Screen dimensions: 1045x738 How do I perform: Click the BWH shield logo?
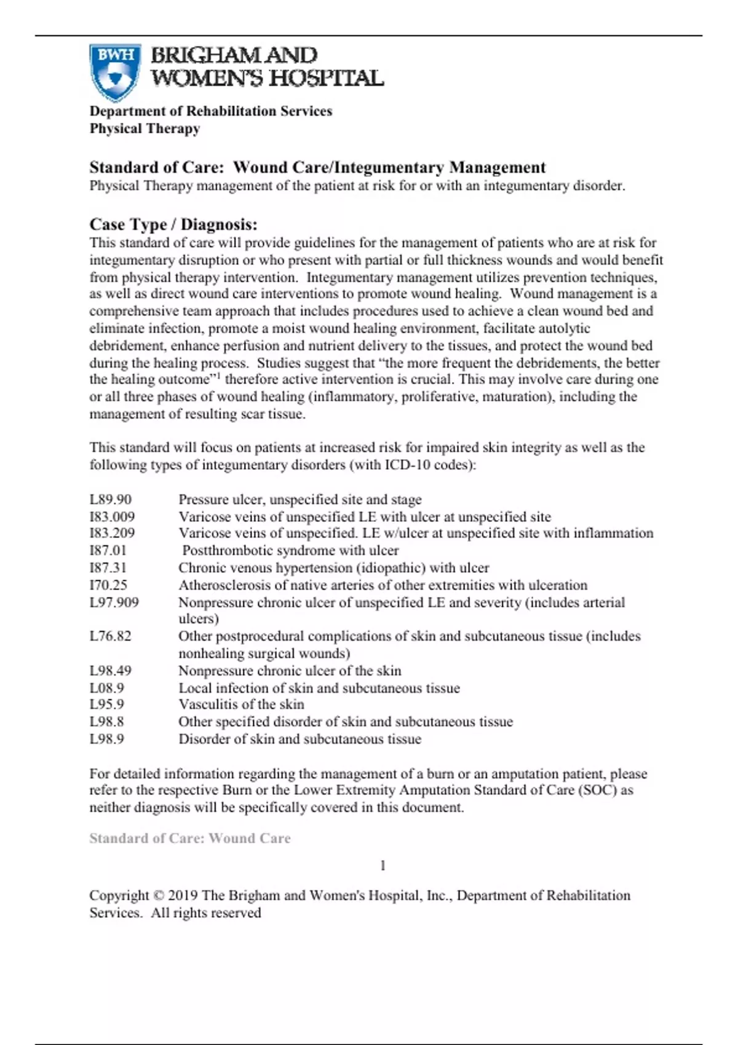(x=115, y=72)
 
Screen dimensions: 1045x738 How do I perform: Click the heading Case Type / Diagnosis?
(x=173, y=224)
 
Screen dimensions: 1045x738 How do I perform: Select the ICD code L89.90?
(x=111, y=500)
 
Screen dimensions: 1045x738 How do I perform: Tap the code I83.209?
(x=112, y=534)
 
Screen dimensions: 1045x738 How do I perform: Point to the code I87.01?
(x=108, y=551)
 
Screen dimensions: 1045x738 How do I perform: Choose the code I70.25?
(x=108, y=585)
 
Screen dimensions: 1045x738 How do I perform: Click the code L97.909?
(x=114, y=602)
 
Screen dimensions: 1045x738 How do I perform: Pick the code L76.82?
(x=111, y=636)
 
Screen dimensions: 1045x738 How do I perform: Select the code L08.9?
(x=106, y=688)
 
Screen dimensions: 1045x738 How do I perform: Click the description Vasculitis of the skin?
(x=241, y=704)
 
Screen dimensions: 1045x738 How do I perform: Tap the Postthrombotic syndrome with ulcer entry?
(x=290, y=551)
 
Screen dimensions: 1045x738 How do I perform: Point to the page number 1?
(x=383, y=866)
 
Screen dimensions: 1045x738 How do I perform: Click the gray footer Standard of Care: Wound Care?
(x=189, y=838)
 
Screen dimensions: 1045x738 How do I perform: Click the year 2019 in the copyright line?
(x=183, y=896)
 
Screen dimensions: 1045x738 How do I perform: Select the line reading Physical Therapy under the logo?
(x=145, y=129)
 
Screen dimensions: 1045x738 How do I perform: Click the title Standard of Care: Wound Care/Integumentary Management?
(x=317, y=168)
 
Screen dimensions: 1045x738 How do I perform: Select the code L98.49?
(x=111, y=671)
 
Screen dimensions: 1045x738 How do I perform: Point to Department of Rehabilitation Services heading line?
(x=210, y=111)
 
